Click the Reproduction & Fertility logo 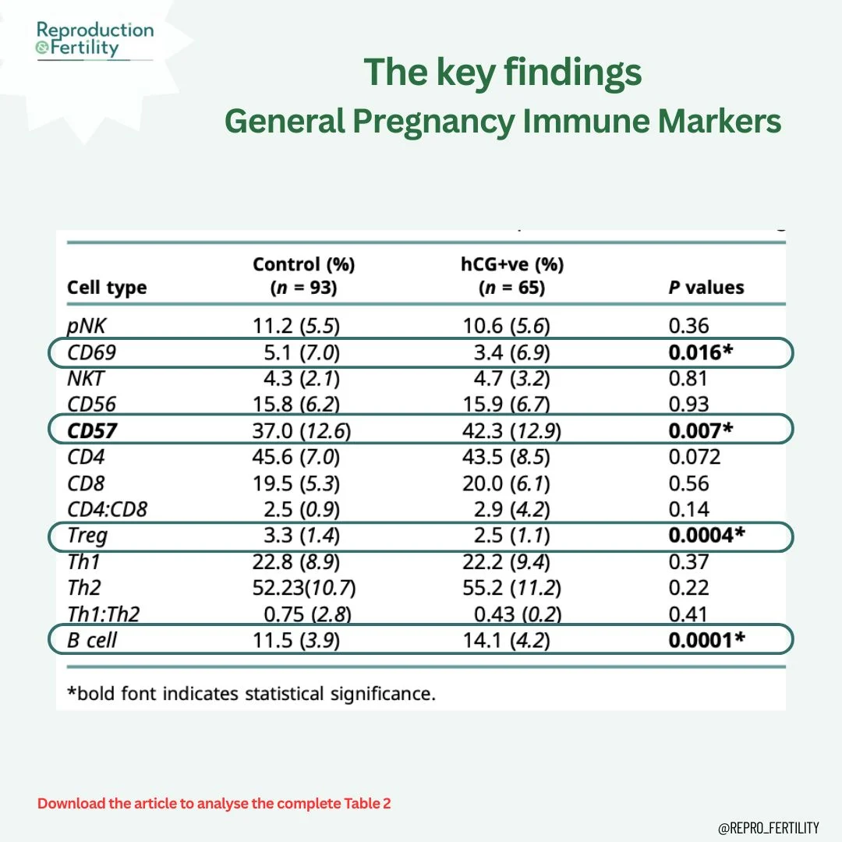pyautogui.click(x=95, y=39)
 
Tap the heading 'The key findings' pyautogui.click(x=503, y=73)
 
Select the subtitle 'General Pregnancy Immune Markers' pyautogui.click(x=503, y=122)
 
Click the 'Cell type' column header pyautogui.click(x=107, y=288)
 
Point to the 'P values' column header pyautogui.click(x=706, y=288)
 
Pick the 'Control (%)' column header pyautogui.click(x=303, y=276)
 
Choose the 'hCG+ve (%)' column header pyautogui.click(x=512, y=276)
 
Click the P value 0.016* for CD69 pyautogui.click(x=701, y=352)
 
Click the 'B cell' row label pyautogui.click(x=93, y=640)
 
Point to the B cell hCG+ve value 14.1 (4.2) pyautogui.click(x=512, y=640)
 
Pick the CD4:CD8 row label pyautogui.click(x=108, y=509)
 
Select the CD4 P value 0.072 pyautogui.click(x=695, y=456)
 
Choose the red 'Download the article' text pyautogui.click(x=214, y=803)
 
